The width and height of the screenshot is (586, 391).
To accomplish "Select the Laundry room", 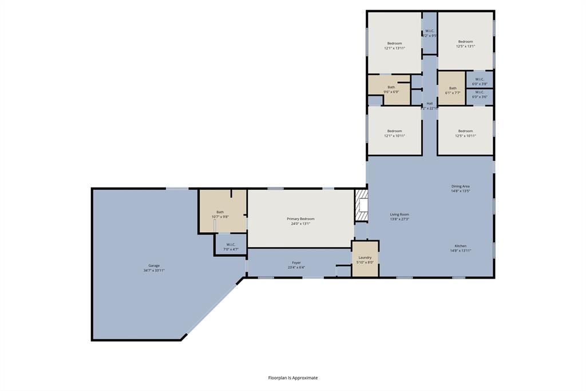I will click(365, 260).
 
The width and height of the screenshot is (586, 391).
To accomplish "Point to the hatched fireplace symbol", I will click(361, 206).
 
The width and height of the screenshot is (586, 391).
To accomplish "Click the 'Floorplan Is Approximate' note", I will click(293, 378).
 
